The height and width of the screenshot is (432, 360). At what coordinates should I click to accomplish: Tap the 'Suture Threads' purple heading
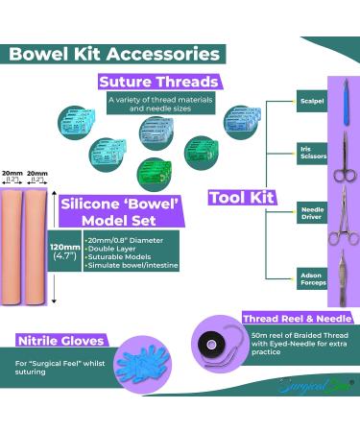tap(159, 82)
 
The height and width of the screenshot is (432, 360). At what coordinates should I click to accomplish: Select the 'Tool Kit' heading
tap(241, 198)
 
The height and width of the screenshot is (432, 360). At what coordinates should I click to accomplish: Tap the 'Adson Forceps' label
tap(311, 277)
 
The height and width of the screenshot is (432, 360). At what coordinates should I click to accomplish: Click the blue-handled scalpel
tap(342, 100)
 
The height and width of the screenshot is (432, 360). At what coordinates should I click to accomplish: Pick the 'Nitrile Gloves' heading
tap(54, 339)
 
